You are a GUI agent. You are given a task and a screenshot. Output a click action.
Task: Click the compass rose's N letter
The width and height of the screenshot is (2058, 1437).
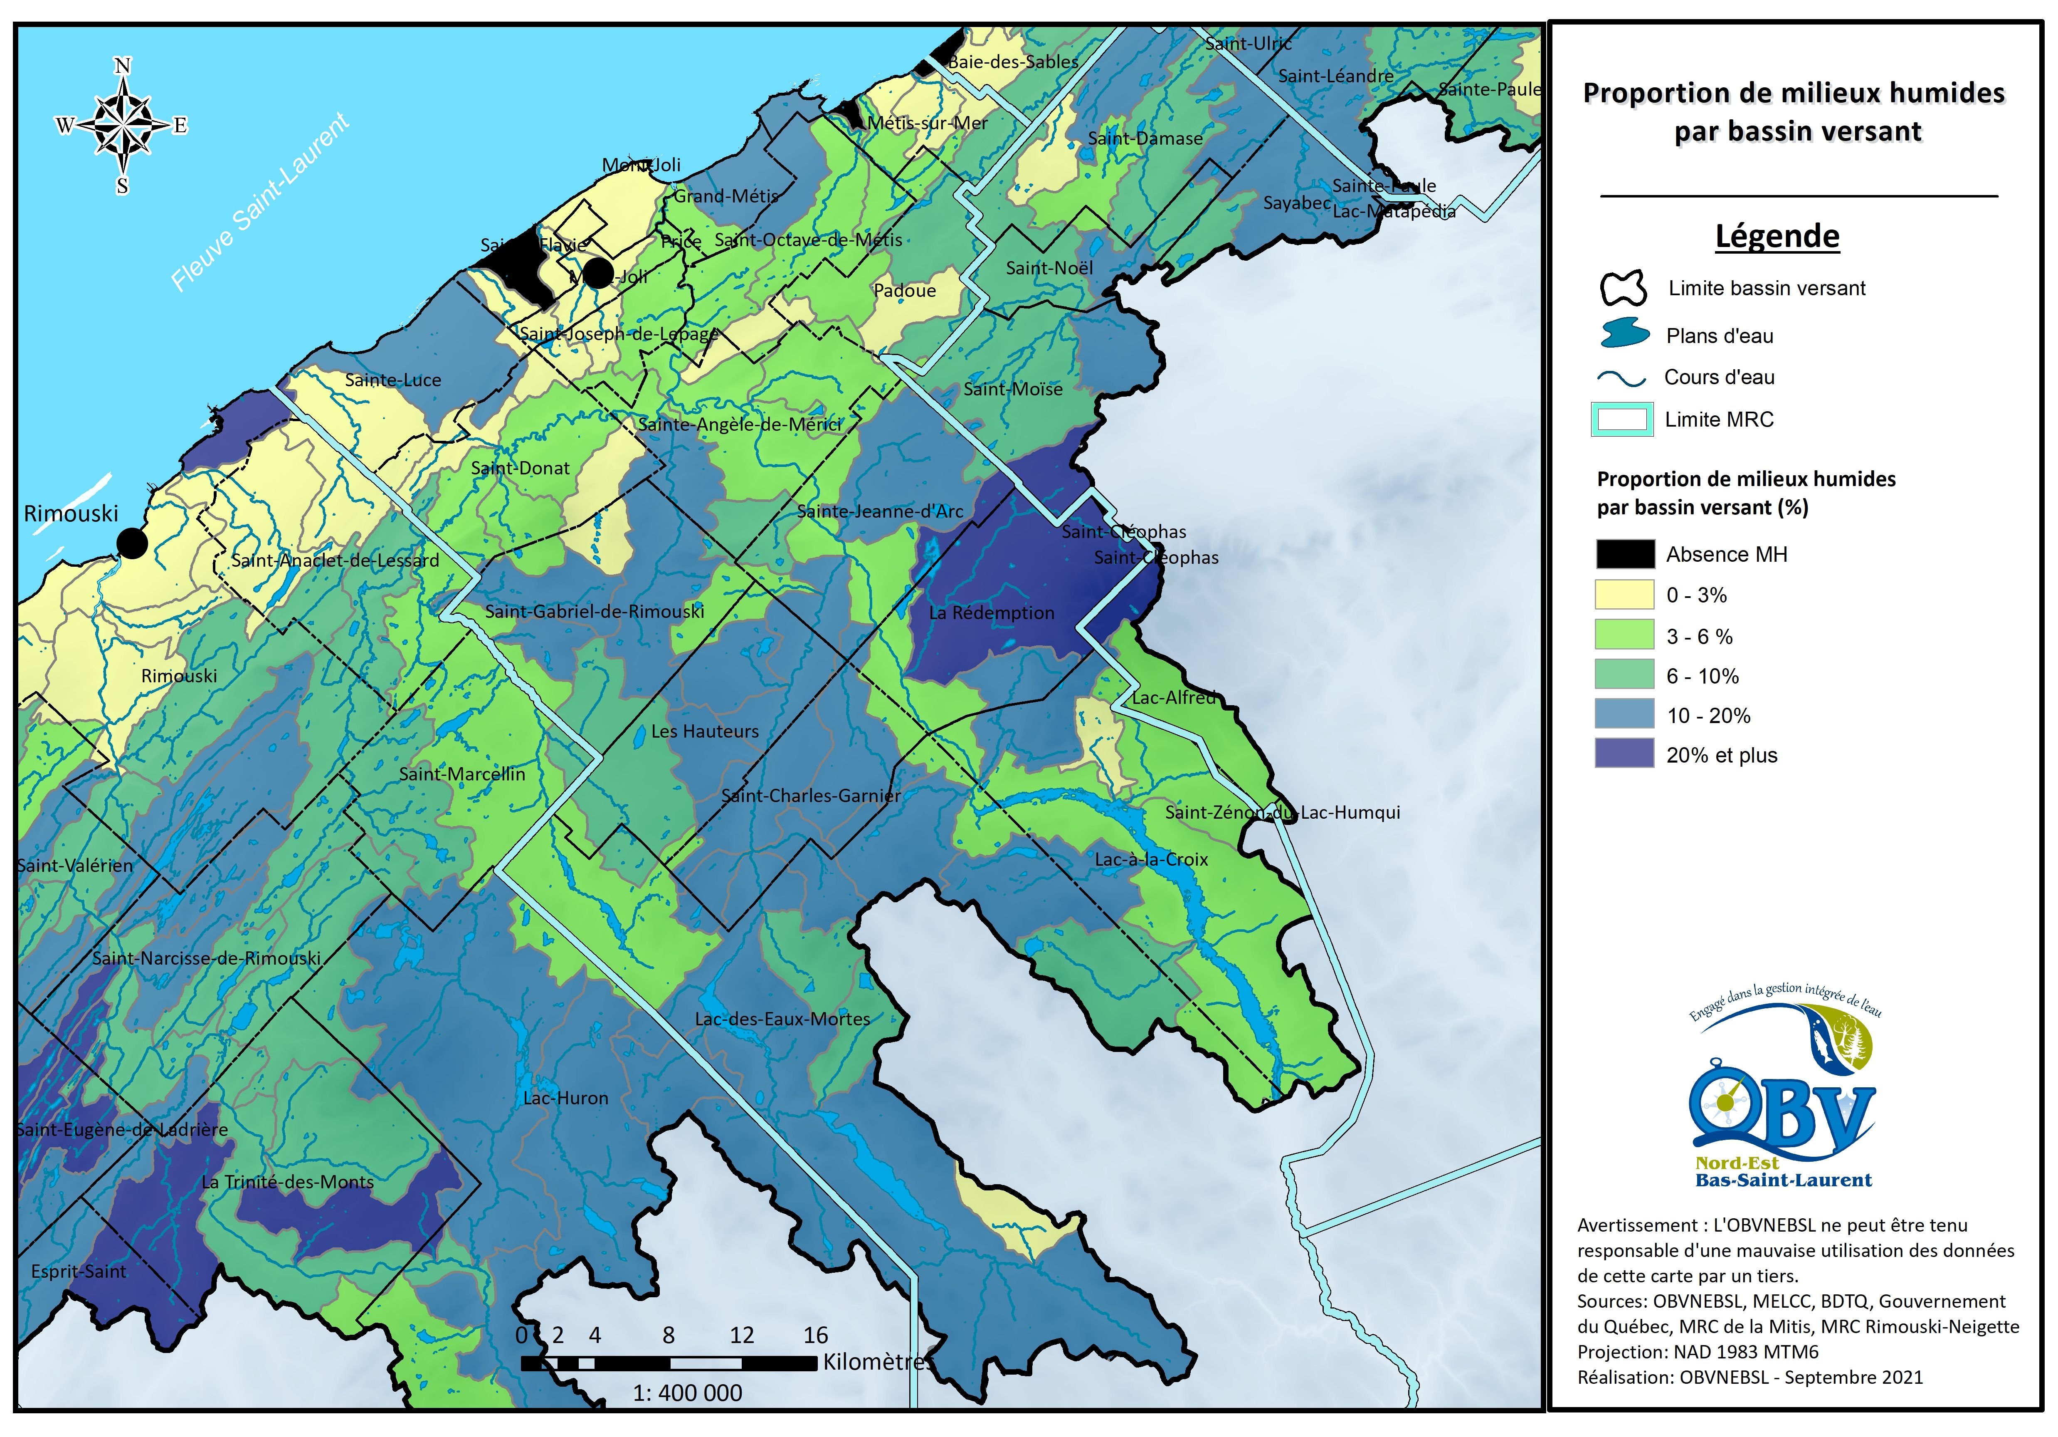[123, 65]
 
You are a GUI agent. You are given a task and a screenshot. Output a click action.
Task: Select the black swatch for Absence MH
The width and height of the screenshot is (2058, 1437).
[1624, 554]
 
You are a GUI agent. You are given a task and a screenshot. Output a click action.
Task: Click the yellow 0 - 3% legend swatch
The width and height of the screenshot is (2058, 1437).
[1624, 594]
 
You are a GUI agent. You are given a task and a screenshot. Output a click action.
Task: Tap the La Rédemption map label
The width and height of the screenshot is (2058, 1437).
[991, 613]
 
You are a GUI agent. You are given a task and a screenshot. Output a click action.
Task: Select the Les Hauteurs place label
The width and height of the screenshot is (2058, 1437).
[705, 731]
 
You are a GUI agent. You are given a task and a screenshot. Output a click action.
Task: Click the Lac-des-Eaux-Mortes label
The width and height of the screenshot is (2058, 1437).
[782, 1019]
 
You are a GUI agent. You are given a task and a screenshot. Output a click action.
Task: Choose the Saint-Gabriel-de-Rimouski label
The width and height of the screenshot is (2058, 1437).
[594, 611]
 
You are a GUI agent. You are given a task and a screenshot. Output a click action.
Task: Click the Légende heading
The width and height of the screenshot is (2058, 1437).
[1777, 236]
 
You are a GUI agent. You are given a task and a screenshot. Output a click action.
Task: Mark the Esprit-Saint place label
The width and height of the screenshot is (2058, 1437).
[79, 1271]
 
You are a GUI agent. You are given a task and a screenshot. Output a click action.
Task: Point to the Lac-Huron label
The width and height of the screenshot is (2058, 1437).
[565, 1098]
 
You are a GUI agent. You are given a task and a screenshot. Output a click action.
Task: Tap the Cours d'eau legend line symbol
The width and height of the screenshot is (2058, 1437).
[1622, 378]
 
